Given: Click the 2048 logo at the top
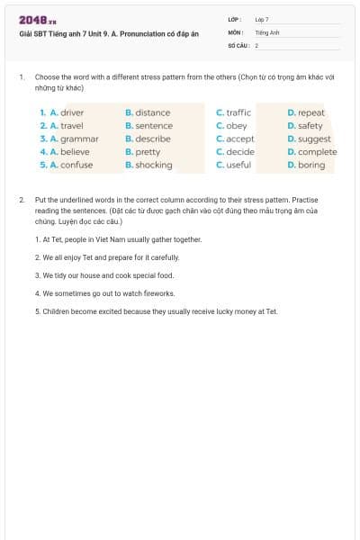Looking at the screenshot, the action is (38, 20).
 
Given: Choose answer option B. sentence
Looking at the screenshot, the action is (149, 126).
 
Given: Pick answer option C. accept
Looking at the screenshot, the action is (236, 139).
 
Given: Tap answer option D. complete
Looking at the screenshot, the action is (312, 152).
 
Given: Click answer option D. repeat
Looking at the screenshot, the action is (306, 112).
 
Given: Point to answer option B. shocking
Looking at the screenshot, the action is (148, 166).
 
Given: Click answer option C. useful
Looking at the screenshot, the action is (234, 166).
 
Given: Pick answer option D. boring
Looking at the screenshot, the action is (306, 166).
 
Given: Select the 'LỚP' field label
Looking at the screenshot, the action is (234, 19).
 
